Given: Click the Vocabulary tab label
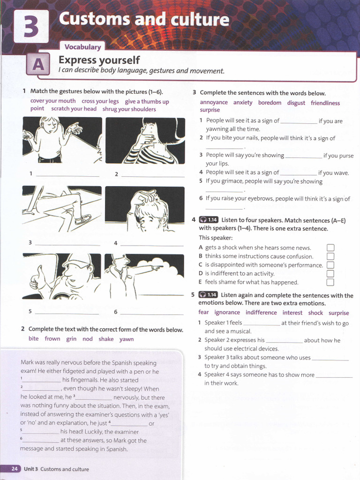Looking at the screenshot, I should (82, 47).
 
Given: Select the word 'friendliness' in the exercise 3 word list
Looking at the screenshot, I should (325, 103).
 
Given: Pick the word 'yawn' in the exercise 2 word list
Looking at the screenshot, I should (127, 339).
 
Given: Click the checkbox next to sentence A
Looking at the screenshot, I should (330, 248).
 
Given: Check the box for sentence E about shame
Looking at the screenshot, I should (330, 282).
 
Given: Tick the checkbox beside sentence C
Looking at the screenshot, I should (330, 265).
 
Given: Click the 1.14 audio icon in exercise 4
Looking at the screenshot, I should (209, 219).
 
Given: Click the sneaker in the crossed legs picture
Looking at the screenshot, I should (83, 219).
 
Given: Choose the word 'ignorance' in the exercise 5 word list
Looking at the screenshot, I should (227, 313).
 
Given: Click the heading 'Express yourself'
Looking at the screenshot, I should (99, 60).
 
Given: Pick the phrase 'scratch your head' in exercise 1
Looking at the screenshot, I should (74, 109).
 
